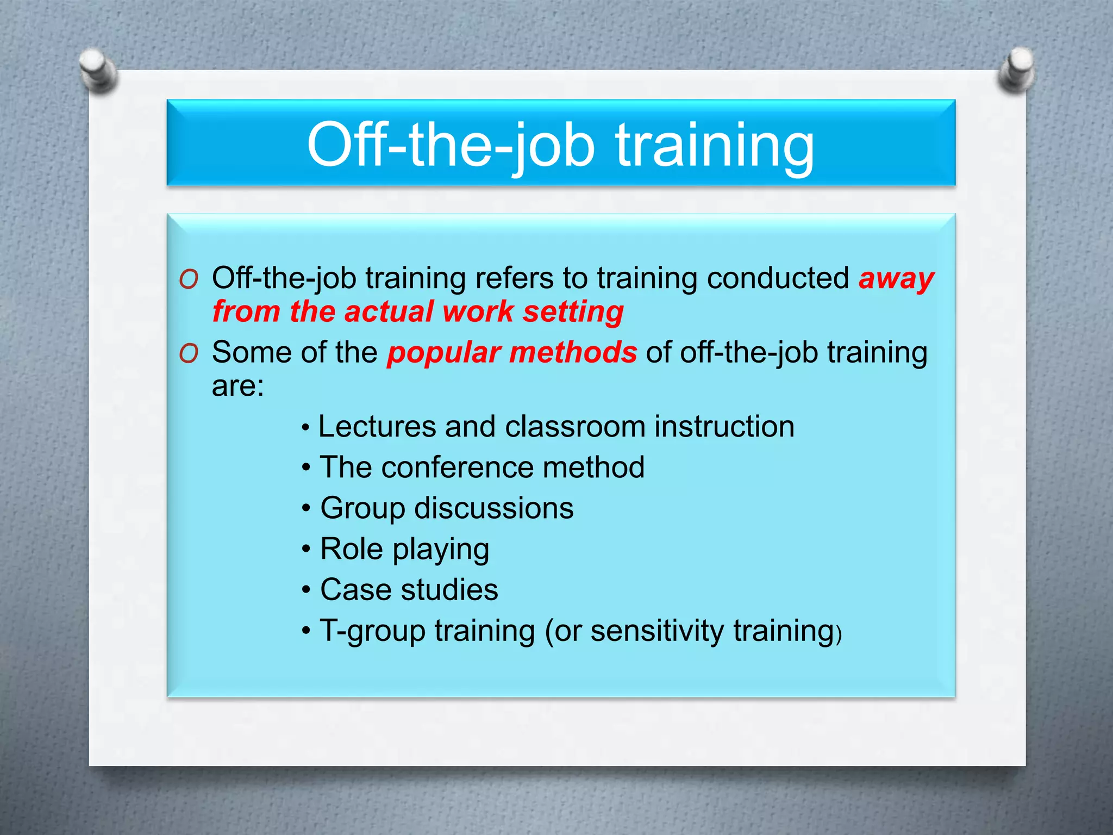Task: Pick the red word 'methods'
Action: click(573, 353)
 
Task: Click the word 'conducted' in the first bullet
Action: click(778, 278)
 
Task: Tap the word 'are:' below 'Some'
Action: click(237, 387)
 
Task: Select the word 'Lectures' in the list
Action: click(376, 427)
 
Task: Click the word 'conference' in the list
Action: click(458, 468)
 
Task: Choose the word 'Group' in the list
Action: click(362, 509)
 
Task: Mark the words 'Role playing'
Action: click(404, 550)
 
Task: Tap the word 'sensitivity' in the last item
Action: click(657, 631)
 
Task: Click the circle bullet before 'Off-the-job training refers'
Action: click(189, 280)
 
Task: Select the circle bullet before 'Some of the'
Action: click(189, 354)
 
